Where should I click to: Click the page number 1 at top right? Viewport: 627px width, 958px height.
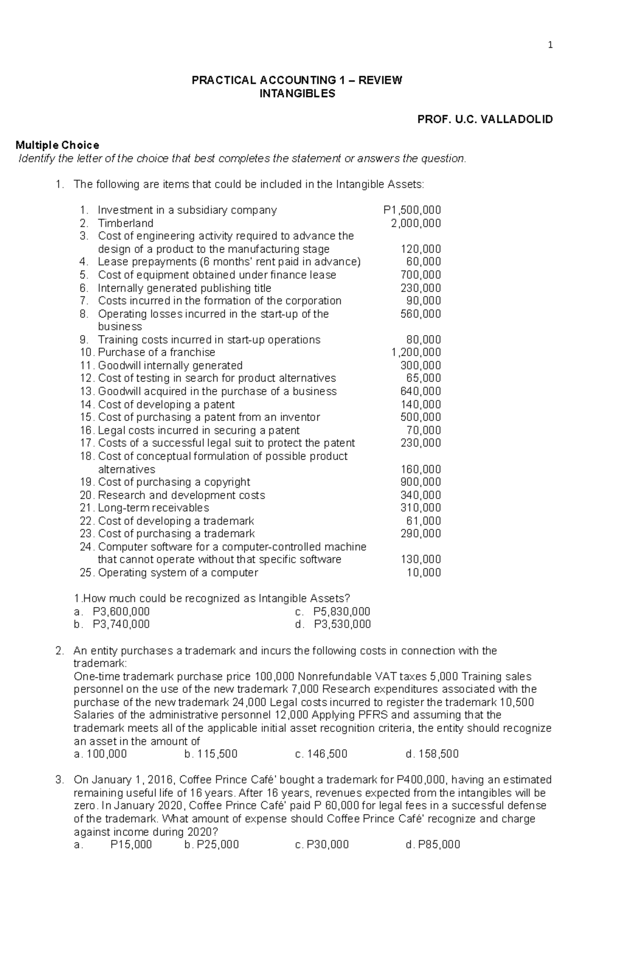pos(550,45)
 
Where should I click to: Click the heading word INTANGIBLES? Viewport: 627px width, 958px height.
pos(297,93)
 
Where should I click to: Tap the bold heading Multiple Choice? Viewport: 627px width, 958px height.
pos(57,145)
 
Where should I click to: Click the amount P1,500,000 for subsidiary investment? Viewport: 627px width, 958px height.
pos(412,210)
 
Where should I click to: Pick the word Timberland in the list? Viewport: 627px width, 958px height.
pos(125,223)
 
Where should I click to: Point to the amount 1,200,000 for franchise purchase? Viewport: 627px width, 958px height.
pos(416,352)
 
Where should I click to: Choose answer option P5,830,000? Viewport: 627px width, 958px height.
pos(341,611)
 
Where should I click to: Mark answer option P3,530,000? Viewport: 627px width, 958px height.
pos(342,624)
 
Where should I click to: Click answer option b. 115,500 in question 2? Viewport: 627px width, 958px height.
pos(211,754)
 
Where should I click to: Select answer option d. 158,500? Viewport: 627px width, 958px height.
pos(432,754)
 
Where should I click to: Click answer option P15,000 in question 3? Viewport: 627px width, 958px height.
pos(131,845)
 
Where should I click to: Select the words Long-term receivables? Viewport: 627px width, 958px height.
pos(154,508)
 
